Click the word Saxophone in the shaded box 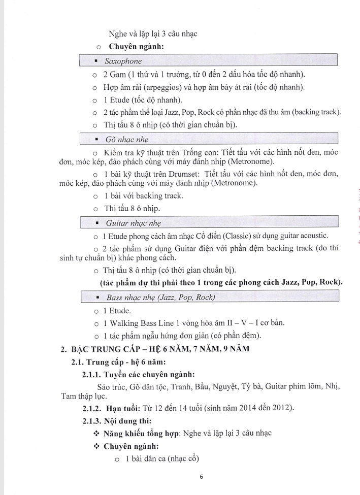click(123, 61)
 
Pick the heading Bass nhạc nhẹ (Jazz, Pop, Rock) click(160, 298)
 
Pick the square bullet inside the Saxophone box click(95, 61)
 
